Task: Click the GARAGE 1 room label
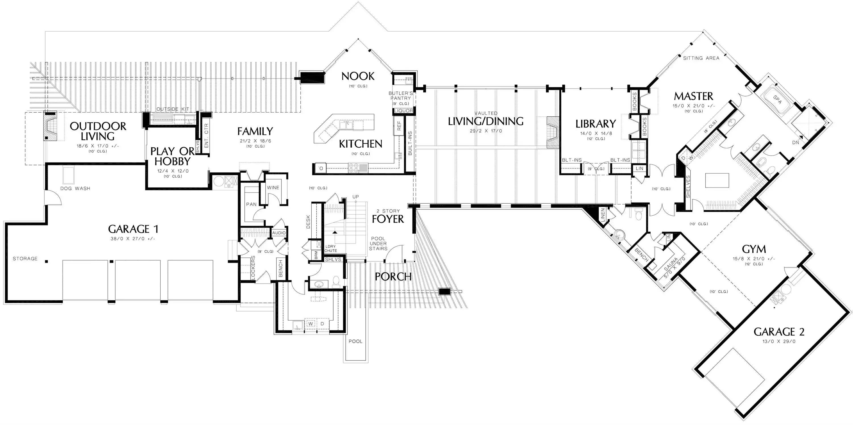[x=133, y=229]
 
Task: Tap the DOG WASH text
[x=75, y=189]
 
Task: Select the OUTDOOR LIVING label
[x=98, y=131]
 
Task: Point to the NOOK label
[x=358, y=76]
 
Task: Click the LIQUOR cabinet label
[x=404, y=111]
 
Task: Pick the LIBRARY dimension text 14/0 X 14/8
[x=596, y=133]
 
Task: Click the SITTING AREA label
[x=701, y=58]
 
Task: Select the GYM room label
[x=754, y=249]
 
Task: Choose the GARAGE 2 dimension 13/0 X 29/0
[x=779, y=341]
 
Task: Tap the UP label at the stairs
[x=355, y=197]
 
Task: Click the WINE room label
[x=273, y=187]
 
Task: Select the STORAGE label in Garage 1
[x=25, y=258]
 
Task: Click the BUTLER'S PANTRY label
[x=401, y=96]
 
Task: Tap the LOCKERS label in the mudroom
[x=253, y=268]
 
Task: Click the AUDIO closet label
[x=279, y=233]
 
